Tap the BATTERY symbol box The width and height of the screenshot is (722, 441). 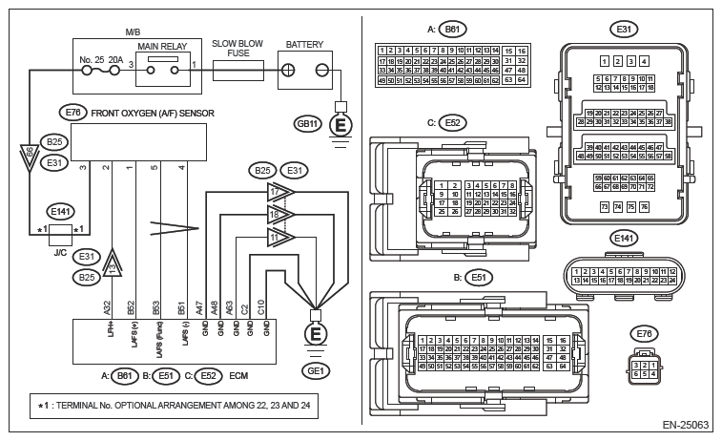click(306, 70)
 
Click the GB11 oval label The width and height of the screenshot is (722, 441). click(306, 123)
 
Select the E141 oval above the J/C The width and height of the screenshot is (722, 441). click(62, 210)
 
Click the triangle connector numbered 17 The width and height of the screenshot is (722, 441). click(278, 192)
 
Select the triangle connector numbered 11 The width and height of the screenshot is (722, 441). click(278, 236)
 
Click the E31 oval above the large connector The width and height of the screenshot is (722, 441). click(624, 30)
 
